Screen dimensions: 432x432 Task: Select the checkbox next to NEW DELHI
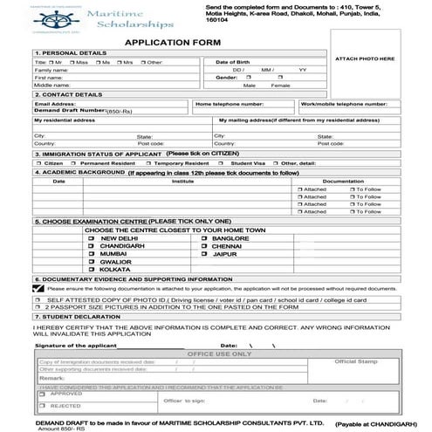[x=91, y=238]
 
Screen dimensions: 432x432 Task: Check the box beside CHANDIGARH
[x=91, y=246]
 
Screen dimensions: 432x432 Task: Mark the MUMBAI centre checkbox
[x=91, y=254]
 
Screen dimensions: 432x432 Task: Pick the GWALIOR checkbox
[x=91, y=262]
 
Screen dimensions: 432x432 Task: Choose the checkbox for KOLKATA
[x=91, y=270]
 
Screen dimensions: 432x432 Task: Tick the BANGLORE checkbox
[x=203, y=238]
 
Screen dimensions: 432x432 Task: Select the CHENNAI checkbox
[x=203, y=246]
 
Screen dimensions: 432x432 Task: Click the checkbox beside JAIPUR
[x=203, y=254]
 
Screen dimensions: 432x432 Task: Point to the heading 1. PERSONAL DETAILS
[x=61, y=53]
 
